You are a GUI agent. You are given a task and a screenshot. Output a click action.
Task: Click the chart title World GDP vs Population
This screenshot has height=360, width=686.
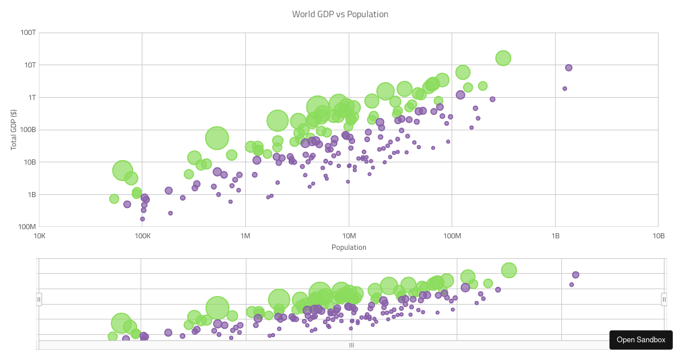(340, 14)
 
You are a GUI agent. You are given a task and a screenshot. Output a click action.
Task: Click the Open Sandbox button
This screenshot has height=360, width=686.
(641, 339)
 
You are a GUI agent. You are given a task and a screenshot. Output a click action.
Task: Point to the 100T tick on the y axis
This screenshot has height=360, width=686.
(28, 33)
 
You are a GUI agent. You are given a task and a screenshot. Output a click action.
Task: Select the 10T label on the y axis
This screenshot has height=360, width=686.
(29, 65)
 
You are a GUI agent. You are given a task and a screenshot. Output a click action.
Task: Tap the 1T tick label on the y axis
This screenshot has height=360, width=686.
(31, 97)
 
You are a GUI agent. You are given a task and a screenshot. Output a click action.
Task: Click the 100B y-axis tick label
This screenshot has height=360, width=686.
(27, 130)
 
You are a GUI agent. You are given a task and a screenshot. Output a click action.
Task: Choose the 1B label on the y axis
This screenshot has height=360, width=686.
(31, 194)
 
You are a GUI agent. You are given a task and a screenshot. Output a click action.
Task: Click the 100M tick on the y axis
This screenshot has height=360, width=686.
(26, 227)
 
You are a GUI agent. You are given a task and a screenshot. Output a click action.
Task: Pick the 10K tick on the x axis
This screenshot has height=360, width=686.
(39, 236)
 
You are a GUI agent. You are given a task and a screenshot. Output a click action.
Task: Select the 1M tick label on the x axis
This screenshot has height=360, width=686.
(245, 236)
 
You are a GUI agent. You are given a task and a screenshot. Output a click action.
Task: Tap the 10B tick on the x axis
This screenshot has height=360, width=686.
(659, 236)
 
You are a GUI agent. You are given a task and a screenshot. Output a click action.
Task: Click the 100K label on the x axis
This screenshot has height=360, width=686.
(142, 236)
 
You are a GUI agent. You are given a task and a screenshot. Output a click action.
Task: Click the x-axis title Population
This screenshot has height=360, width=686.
(349, 247)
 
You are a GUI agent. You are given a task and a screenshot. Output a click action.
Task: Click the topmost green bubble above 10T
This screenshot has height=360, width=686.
(503, 58)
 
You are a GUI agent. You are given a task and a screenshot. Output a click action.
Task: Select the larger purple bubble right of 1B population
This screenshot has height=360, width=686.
(568, 67)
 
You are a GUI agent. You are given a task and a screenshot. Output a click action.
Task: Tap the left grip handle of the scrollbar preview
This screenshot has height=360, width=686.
(39, 299)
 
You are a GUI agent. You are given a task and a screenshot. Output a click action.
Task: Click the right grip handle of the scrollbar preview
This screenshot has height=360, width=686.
(664, 299)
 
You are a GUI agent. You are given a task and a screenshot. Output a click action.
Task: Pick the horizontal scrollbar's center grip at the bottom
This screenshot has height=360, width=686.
(352, 345)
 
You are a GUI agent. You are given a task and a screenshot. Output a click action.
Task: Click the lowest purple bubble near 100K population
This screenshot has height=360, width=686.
(142, 219)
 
